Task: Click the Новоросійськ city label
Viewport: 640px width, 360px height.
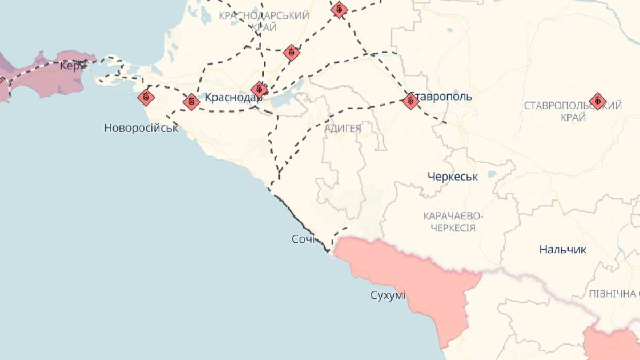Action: [x=141, y=128]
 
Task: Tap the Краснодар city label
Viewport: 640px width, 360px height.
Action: [x=232, y=98]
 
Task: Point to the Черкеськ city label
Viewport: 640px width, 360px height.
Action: [x=453, y=177]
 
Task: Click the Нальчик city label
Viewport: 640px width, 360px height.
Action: [x=563, y=249]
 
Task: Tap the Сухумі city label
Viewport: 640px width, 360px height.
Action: [x=388, y=295]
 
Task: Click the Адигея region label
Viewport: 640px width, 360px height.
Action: [x=342, y=128]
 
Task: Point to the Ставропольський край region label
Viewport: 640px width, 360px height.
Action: [x=573, y=111]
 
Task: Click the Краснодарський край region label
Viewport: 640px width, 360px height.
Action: [x=263, y=21]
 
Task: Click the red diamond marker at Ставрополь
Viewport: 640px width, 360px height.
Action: [x=410, y=100]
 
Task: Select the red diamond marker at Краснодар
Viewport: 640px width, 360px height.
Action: [x=259, y=89]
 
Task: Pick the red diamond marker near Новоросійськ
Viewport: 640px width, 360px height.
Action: [x=146, y=97]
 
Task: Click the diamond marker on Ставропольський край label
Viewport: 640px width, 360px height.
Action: [x=597, y=100]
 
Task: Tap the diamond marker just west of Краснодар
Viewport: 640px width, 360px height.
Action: [x=191, y=101]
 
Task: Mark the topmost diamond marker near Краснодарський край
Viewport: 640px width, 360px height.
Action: [x=339, y=9]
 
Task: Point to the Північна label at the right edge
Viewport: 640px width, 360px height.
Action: [x=613, y=294]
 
